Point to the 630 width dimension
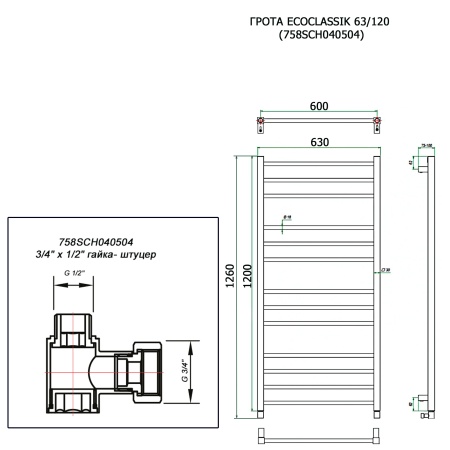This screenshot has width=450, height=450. click(x=317, y=143)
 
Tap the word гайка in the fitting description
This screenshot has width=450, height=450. click(x=107, y=256)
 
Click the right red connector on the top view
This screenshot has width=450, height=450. click(x=377, y=125)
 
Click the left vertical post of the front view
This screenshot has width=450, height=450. click(x=260, y=281)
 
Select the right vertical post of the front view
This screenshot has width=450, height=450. click(x=377, y=281)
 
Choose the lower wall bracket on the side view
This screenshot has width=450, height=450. click(x=423, y=404)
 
